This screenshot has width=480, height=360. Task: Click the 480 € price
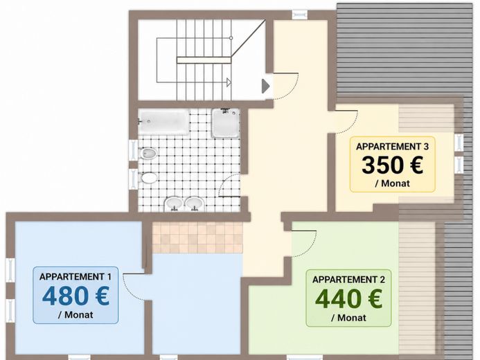[75, 296]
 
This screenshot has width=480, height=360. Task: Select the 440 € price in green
[348, 299]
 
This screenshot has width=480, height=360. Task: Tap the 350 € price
[393, 165]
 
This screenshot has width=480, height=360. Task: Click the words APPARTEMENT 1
[75, 276]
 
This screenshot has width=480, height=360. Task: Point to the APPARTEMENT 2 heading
[348, 280]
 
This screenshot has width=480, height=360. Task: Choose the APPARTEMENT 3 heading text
[393, 147]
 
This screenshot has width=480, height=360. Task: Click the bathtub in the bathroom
[163, 122]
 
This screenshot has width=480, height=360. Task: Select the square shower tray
[226, 123]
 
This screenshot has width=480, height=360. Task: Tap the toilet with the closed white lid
[149, 178]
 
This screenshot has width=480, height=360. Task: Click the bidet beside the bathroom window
[149, 153]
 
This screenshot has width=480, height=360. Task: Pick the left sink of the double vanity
[175, 204]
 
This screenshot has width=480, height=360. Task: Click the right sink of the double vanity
[195, 204]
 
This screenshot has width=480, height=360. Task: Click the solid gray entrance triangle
[265, 87]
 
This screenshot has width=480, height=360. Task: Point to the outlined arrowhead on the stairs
[229, 82]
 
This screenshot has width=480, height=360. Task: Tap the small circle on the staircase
[231, 38]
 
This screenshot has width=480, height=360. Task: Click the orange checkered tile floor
[197, 237]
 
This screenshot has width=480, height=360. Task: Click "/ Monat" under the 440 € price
[348, 318]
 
